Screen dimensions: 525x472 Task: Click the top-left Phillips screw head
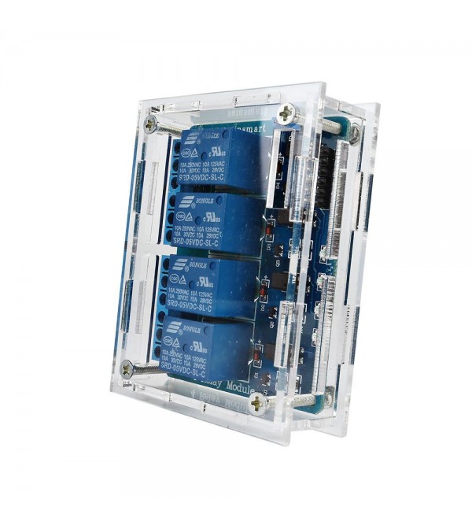pyautogui.click(x=150, y=124)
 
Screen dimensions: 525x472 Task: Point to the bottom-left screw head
pyautogui.click(x=126, y=367)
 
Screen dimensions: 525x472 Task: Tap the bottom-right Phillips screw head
pyautogui.click(x=258, y=405)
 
